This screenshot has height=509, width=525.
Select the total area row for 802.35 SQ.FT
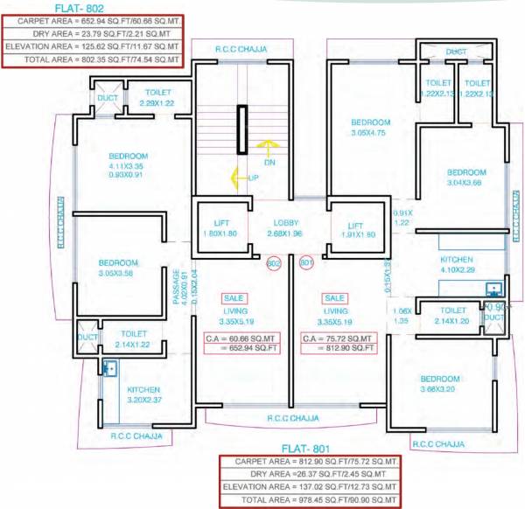point(92,59)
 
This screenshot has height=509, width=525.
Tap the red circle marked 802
point(273,262)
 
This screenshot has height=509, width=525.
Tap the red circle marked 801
point(306,262)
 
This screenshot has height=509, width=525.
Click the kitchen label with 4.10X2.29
point(457,265)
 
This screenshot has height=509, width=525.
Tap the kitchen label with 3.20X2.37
point(144,394)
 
